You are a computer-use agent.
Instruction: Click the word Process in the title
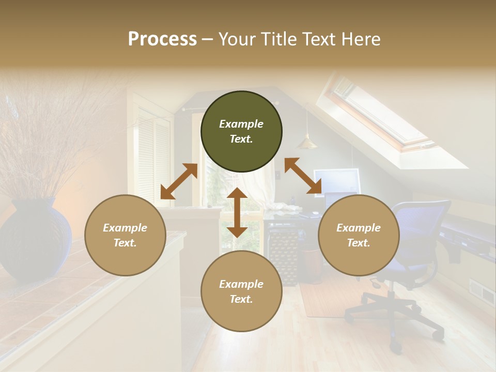click(x=162, y=39)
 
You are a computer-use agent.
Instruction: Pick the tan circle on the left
click(x=125, y=235)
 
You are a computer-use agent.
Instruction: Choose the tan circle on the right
click(x=358, y=235)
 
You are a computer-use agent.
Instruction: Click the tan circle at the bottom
click(x=241, y=291)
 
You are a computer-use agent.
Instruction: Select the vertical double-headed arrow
click(x=237, y=212)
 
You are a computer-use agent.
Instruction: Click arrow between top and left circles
click(x=179, y=181)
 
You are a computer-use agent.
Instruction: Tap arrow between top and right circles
click(x=303, y=176)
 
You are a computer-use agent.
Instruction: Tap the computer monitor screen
click(x=336, y=181)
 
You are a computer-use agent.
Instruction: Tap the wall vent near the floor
click(x=482, y=292)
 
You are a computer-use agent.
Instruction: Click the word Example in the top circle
click(x=241, y=124)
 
